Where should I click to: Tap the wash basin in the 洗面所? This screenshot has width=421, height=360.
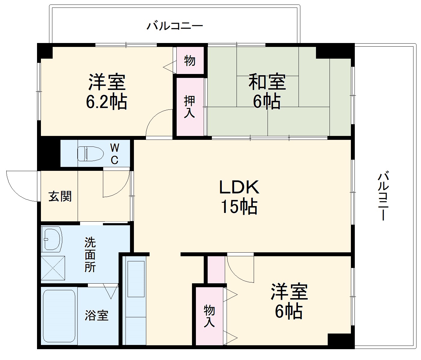[51, 239]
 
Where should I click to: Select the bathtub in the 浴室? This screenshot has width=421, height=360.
[59, 316]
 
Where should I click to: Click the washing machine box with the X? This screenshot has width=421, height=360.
[53, 268]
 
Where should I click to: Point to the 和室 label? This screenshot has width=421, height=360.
[267, 82]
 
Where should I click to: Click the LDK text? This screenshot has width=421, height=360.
[239, 187]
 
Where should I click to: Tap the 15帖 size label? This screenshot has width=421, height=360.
[239, 207]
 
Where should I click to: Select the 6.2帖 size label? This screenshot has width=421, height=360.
[107, 102]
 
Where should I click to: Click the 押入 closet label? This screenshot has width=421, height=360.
[190, 107]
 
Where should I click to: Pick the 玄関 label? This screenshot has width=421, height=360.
[60, 197]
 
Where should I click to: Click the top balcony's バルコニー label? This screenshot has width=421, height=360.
[175, 26]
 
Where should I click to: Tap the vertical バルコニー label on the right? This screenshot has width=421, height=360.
[383, 196]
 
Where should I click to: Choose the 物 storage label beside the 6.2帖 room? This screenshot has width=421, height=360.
[190, 61]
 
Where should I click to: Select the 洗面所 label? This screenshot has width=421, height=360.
[90, 255]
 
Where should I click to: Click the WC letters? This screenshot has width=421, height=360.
[114, 154]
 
